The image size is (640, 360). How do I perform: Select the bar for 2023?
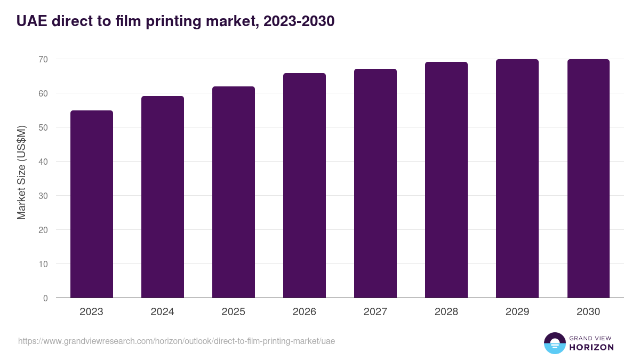[91, 204]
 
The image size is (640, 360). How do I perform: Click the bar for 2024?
[162, 197]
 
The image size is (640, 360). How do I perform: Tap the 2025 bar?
[233, 192]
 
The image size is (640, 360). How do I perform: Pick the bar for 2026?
[304, 186]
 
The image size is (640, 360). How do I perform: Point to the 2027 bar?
[375, 183]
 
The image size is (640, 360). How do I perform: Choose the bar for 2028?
[446, 180]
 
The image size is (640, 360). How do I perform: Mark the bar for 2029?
[517, 179]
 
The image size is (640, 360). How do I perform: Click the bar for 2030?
[588, 179]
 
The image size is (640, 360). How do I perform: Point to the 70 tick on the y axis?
[43, 59]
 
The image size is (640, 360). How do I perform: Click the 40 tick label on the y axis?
[43, 162]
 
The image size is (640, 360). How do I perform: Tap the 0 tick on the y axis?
[45, 298]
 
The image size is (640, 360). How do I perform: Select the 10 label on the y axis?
[43, 264]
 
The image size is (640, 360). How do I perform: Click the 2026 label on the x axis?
[304, 312]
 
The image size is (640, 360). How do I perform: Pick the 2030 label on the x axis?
[588, 312]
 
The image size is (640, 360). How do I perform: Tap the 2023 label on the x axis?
[91, 312]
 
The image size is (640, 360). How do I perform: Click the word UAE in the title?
[31, 21]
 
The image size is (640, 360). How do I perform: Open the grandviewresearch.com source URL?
[177, 341]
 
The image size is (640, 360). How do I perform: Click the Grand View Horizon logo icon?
[554, 343]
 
